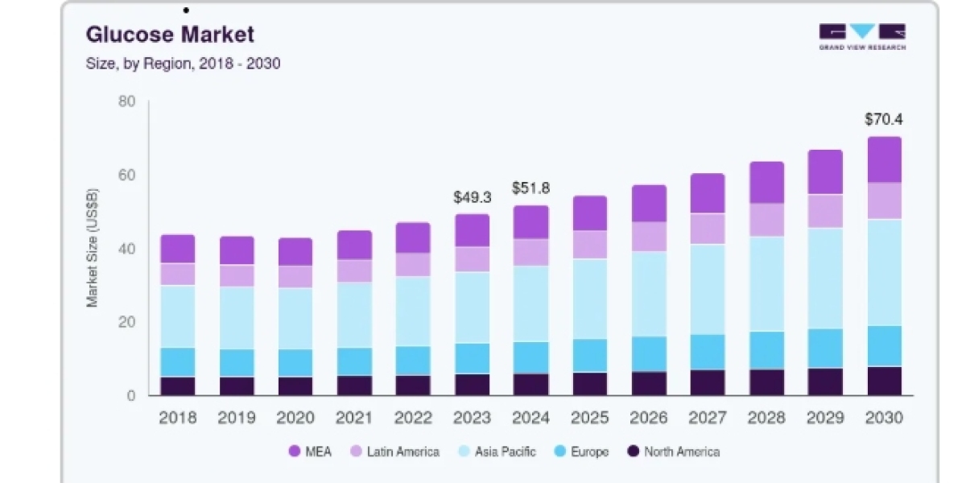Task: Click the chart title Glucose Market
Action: pyautogui.click(x=170, y=35)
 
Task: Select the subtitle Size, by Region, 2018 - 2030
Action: pyautogui.click(x=183, y=64)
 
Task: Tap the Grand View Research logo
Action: pyautogui.click(x=862, y=37)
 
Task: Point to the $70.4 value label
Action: pyautogui.click(x=884, y=119)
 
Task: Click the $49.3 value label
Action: pyautogui.click(x=473, y=197)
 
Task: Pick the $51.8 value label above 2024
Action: pyautogui.click(x=530, y=188)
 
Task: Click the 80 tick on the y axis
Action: pyautogui.click(x=126, y=101)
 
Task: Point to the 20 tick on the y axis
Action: pyautogui.click(x=126, y=322)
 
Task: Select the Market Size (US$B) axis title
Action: pyautogui.click(x=93, y=248)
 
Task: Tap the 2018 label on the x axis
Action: pyautogui.click(x=178, y=418)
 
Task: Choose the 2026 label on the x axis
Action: pyautogui.click(x=649, y=418)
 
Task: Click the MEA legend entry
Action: pyautogui.click(x=310, y=452)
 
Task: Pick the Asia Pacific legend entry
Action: pyautogui.click(x=497, y=452)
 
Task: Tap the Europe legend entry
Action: pyautogui.click(x=581, y=452)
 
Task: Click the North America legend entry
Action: pyautogui.click(x=674, y=452)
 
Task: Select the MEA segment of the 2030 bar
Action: pyautogui.click(x=885, y=159)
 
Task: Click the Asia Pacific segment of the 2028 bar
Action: pyautogui.click(x=766, y=283)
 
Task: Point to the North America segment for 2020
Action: pyautogui.click(x=295, y=386)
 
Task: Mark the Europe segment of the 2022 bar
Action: pyautogui.click(x=413, y=361)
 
